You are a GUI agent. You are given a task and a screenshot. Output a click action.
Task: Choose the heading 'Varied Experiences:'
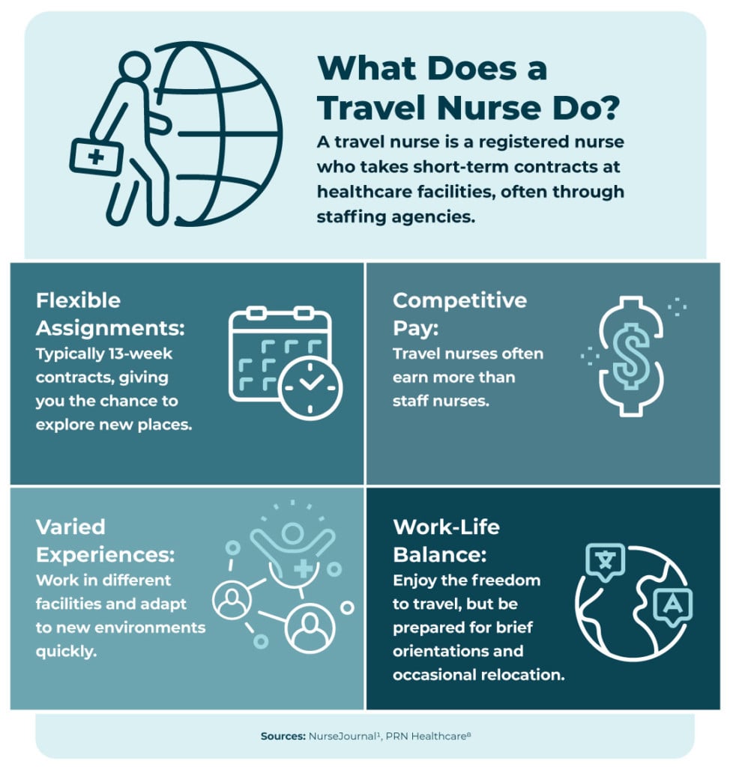[x=105, y=540]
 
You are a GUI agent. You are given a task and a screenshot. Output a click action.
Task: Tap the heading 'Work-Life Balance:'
[x=447, y=540]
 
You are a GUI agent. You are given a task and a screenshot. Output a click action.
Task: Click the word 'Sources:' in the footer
[x=283, y=736]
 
